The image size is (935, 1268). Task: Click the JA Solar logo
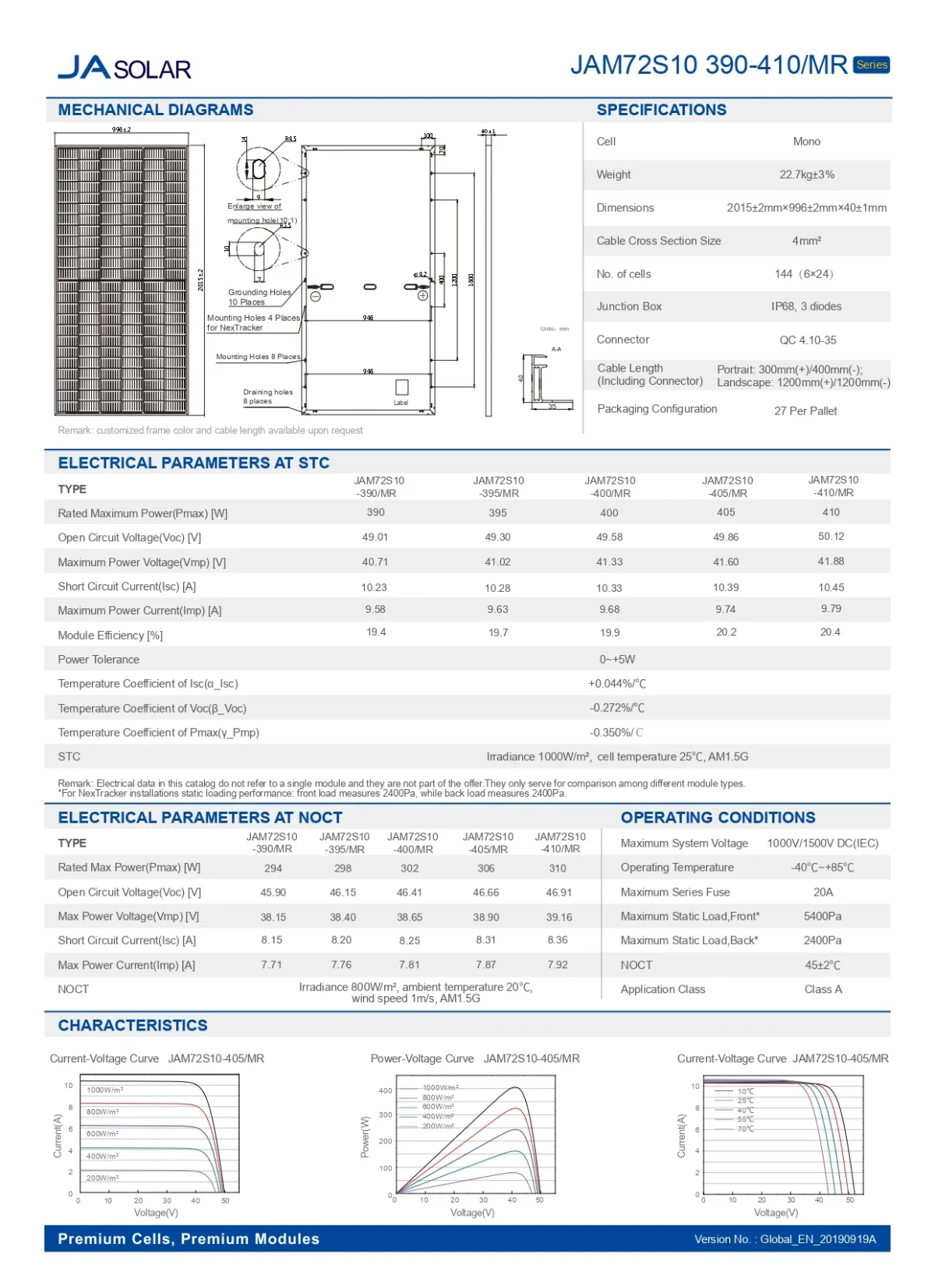pos(125,68)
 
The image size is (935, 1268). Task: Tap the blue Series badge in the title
pos(871,65)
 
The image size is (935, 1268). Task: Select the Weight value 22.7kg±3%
pos(806,174)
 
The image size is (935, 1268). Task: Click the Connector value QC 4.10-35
pos(807,340)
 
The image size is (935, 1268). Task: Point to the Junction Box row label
pos(629,307)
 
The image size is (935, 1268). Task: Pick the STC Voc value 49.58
pos(609,537)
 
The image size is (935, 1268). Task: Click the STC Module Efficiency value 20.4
pos(830,632)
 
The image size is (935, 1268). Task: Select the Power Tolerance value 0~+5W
pos(617,660)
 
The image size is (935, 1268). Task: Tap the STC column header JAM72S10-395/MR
pos(499,487)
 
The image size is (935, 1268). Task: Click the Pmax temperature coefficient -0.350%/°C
pos(616,733)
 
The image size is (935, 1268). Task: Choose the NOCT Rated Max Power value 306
pos(486,868)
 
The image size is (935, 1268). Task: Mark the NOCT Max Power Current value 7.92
pos(557,965)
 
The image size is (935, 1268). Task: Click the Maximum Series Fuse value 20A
pos(823,893)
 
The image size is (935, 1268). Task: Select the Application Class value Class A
pos(823,989)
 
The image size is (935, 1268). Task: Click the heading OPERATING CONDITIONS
pos(718,818)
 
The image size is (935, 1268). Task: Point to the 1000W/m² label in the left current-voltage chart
pos(104,1090)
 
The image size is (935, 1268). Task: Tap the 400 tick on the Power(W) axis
pos(386,1090)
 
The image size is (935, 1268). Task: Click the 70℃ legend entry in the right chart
pos(745,1129)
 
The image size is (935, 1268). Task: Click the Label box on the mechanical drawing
pos(402,387)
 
